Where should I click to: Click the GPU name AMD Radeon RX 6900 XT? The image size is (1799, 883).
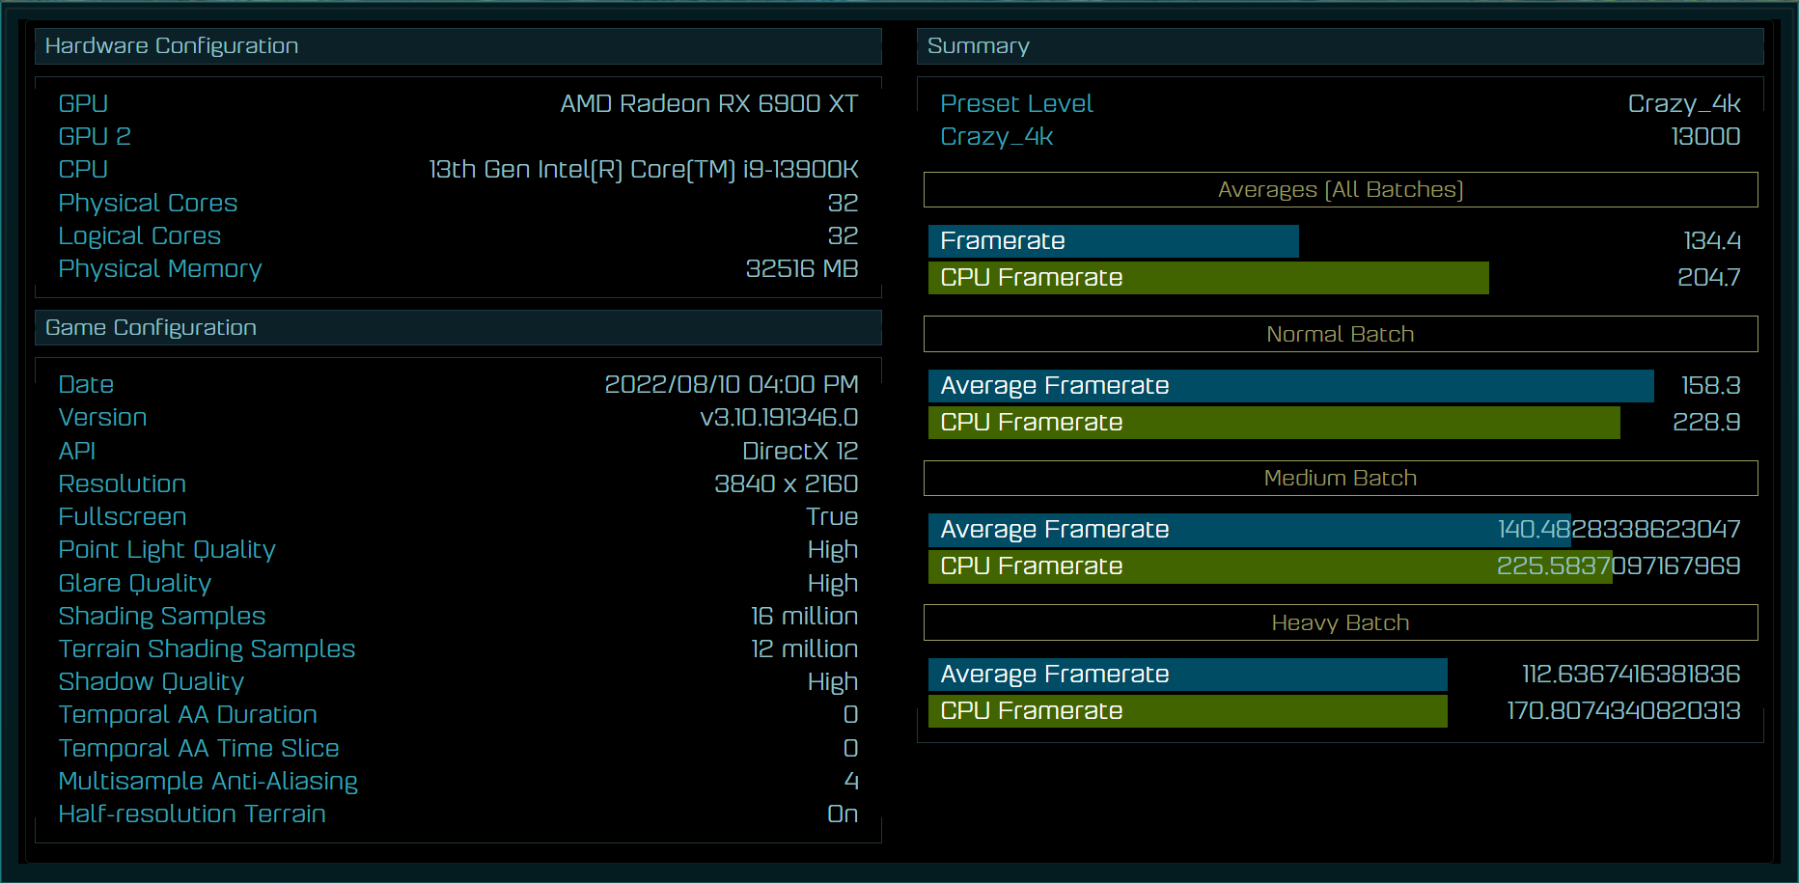coord(709,103)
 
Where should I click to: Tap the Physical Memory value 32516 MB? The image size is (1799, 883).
coord(802,268)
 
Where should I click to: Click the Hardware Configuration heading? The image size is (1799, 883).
coord(172,45)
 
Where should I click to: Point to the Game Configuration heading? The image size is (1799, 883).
coord(151,327)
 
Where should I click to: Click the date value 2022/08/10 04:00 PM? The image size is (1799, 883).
coord(732,384)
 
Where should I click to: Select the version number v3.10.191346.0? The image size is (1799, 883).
coord(779,417)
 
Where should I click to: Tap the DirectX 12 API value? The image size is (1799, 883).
coord(800,451)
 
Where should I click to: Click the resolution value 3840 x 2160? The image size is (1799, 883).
coord(787,483)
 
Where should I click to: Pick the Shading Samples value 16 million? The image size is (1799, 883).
coord(805,616)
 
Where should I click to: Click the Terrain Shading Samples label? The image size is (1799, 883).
coord(207,648)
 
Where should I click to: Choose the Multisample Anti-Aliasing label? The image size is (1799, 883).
coord(208,781)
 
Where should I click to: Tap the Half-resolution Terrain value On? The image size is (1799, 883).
coord(843,814)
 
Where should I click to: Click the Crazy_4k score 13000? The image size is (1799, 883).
coord(1705,136)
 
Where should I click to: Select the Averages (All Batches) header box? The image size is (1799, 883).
coord(1341,189)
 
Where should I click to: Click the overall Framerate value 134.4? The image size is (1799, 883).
coord(1712,240)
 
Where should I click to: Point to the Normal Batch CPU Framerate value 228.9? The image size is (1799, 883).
coord(1706,422)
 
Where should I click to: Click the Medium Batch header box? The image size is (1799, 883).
coord(1341,478)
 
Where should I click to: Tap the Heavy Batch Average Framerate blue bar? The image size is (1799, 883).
coord(1188,674)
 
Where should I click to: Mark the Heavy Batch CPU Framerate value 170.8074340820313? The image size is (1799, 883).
coord(1623,710)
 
